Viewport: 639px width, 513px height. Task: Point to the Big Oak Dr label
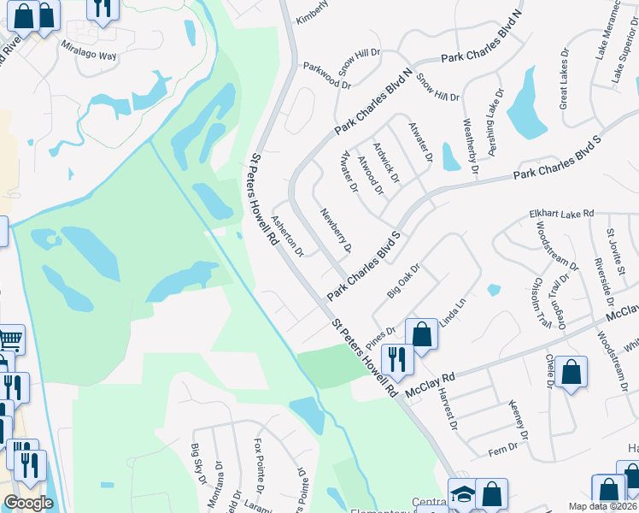tap(405, 281)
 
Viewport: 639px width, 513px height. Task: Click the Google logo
tap(28, 503)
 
